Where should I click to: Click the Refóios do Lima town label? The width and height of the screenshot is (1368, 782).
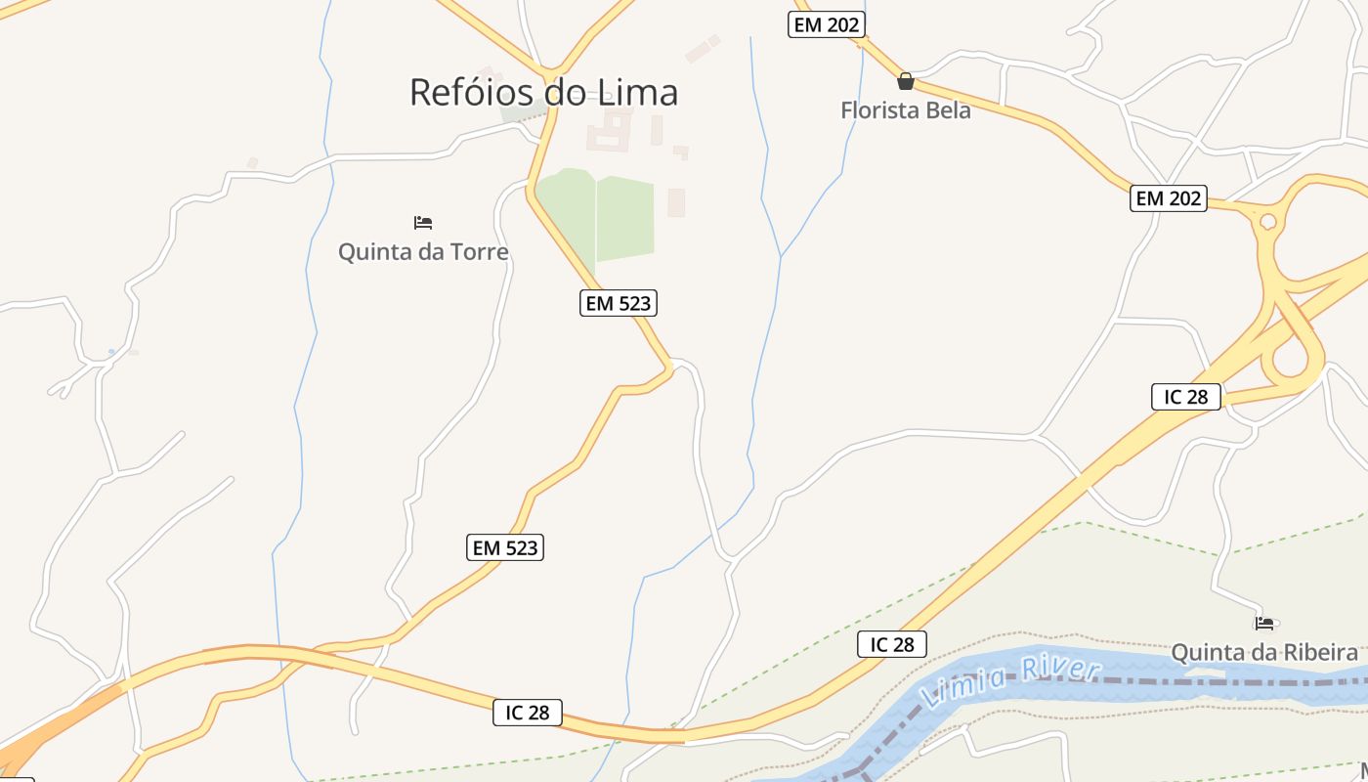pos(543,92)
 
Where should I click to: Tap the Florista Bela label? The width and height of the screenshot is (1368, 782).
pos(906,110)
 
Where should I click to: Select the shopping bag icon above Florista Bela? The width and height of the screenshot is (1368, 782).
pos(906,81)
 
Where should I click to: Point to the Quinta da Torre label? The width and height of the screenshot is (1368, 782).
pos(423,252)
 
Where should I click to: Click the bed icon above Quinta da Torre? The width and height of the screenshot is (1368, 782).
pos(423,223)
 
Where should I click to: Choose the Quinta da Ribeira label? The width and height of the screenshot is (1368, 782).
pos(1264,652)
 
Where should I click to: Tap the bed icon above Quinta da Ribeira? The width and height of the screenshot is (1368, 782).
pos(1264,623)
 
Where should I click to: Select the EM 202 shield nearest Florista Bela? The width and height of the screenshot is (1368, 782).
pos(827,25)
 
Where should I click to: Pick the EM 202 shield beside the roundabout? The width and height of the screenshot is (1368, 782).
pos(1169,198)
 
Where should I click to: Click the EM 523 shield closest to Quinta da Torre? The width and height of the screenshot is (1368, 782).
pos(618,303)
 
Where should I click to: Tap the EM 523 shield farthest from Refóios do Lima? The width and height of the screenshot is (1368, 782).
pos(504,547)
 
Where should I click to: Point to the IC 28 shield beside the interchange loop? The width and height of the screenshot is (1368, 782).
pos(1186,396)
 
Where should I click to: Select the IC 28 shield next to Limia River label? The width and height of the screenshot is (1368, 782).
pos(891,644)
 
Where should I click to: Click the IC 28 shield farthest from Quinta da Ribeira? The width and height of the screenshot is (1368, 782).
pos(528,713)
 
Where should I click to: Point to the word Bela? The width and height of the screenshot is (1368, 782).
pos(948,110)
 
